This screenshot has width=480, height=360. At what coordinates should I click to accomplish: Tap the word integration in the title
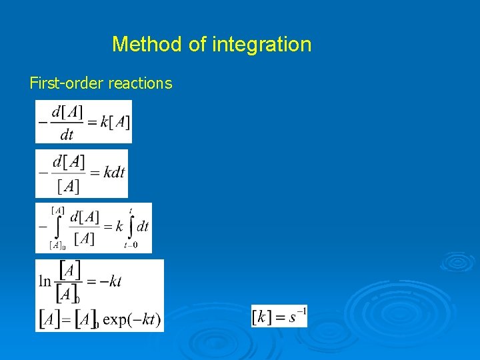point(261,45)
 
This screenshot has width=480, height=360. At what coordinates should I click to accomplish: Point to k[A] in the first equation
point(115,122)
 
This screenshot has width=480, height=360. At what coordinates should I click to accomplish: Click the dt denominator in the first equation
point(67,135)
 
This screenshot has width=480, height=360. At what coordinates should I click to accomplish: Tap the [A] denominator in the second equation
point(68,186)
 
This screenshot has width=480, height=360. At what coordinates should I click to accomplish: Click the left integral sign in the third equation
point(57,228)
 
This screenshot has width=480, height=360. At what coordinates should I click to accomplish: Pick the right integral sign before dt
point(130,227)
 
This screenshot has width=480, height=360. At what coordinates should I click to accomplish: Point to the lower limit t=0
point(131,245)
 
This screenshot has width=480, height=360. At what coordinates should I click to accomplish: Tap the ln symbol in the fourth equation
point(45,281)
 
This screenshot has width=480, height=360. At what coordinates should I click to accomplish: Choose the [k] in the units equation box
point(263,316)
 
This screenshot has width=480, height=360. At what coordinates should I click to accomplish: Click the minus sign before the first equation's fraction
point(42,122)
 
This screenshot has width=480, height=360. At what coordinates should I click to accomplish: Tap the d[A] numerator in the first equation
point(67,111)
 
